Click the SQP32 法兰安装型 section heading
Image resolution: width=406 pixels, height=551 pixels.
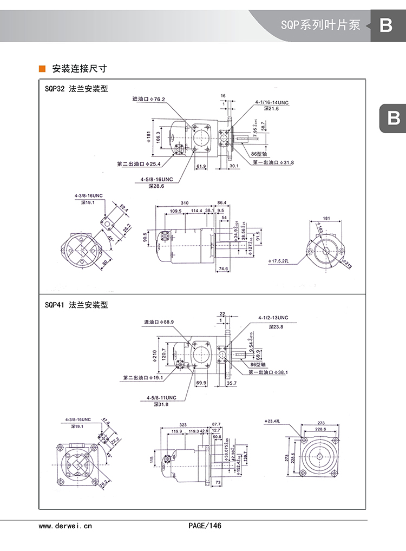[76, 89]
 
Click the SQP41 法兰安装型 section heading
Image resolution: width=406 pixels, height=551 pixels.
[76, 305]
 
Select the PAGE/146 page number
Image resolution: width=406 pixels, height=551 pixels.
[205, 526]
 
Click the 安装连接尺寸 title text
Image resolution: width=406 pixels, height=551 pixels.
[79, 69]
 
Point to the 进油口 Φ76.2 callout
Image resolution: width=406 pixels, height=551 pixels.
[149, 99]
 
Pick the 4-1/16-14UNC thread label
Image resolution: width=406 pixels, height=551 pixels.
[272, 102]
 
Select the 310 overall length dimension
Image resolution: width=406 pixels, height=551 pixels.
[185, 202]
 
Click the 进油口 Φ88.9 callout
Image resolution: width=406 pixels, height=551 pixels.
[159, 322]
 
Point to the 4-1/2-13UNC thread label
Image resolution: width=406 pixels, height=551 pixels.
[273, 318]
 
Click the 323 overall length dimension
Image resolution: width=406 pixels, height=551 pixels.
[183, 424]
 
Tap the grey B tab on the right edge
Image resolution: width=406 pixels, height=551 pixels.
[393, 117]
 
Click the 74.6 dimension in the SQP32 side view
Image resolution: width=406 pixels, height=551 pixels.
[223, 268]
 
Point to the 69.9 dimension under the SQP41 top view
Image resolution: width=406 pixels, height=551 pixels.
[201, 383]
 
